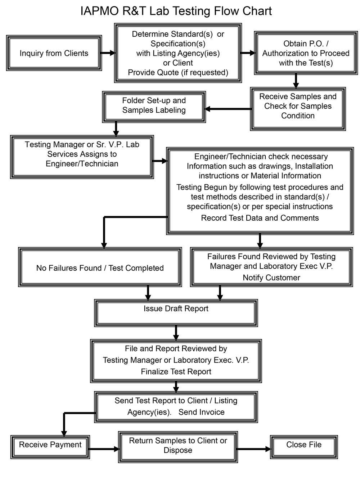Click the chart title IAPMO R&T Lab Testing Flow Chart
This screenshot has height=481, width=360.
[x=176, y=11]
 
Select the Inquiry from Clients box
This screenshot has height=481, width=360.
[x=54, y=53]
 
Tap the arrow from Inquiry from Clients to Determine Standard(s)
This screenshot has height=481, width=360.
[x=108, y=53]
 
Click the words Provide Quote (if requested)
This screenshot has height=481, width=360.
[x=178, y=72]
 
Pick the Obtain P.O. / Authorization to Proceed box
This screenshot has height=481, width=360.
[x=306, y=53]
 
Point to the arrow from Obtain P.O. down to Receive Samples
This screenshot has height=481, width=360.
[x=296, y=81]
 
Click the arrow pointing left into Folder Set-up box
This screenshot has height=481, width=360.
[x=228, y=109]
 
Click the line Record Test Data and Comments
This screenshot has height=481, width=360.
[x=260, y=218]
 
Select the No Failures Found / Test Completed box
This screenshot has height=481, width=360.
[x=100, y=268]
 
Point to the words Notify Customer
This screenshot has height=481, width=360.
[x=271, y=278]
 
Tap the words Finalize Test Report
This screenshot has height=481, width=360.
[x=176, y=372]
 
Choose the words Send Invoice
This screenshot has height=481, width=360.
[x=201, y=412]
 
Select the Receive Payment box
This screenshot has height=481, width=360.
[x=50, y=446]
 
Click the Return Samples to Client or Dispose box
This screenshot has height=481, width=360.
[x=178, y=446]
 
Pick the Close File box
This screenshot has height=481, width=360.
[x=304, y=446]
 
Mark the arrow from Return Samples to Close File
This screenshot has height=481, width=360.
[x=254, y=449]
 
